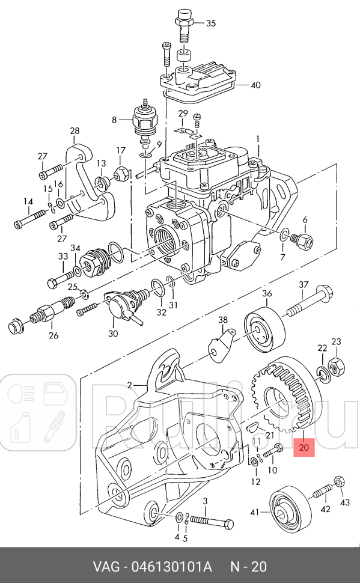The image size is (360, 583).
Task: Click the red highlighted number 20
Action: tap(304, 447)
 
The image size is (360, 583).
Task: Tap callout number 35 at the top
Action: tap(210, 23)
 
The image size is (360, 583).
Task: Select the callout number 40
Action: tap(255, 85)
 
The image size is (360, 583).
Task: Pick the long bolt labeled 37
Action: tap(309, 305)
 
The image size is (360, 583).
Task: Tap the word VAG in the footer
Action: tap(106, 566)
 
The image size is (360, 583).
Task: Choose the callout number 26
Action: tap(53, 335)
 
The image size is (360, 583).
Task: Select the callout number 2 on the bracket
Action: tap(129, 385)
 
